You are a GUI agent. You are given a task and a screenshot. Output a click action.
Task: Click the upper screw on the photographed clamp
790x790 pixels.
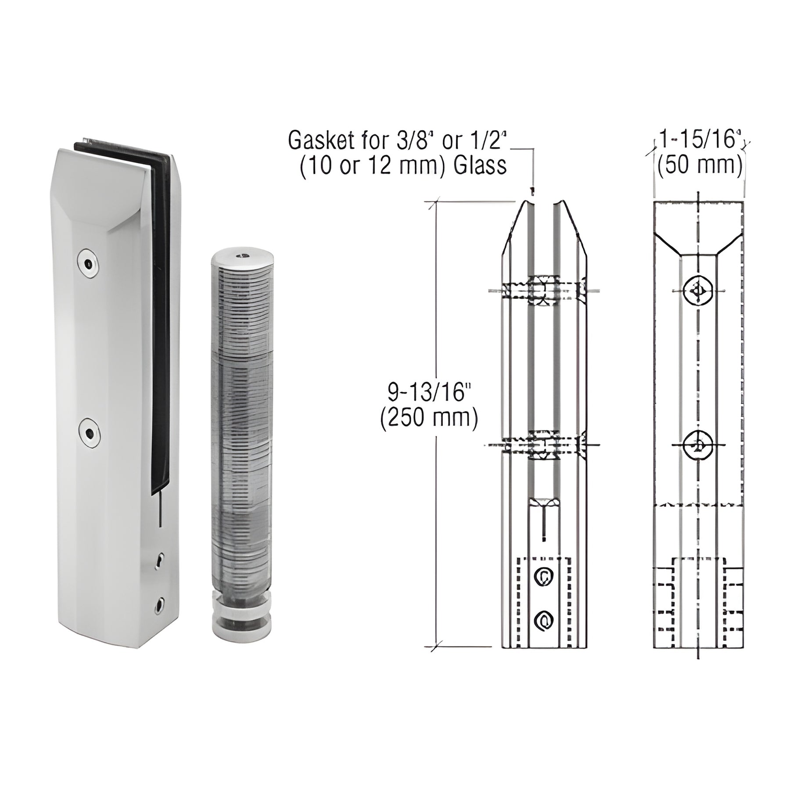89,264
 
